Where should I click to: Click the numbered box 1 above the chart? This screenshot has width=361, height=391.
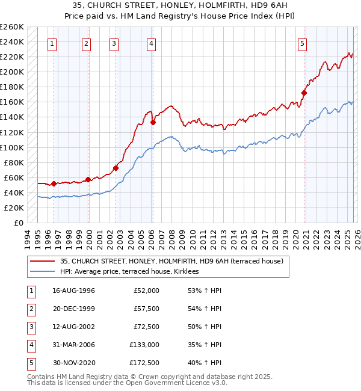(x=53, y=43)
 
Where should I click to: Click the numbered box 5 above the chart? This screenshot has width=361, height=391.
(x=302, y=43)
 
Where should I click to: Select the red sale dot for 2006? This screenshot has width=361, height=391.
(x=153, y=122)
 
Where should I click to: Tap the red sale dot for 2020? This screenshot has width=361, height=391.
(x=304, y=93)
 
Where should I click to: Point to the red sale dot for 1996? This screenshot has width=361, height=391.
(x=54, y=183)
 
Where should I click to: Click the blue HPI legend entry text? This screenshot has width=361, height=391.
(x=134, y=272)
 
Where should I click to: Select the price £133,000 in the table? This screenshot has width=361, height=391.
(x=144, y=345)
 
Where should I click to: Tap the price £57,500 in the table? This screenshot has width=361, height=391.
(x=146, y=309)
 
